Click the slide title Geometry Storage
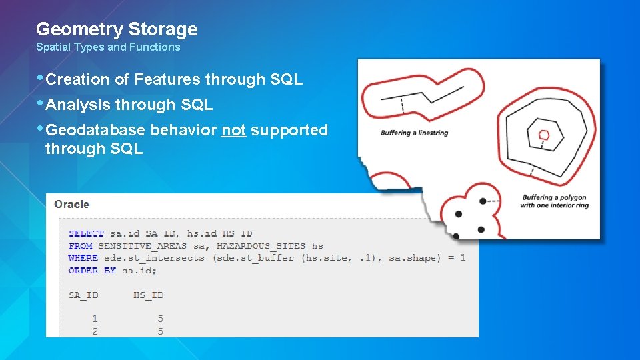tap(117, 29)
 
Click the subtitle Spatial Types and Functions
tap(108, 47)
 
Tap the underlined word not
tap(233, 130)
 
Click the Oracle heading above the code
tap(72, 205)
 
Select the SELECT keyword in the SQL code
tap(86, 234)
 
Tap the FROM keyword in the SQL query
tap(80, 246)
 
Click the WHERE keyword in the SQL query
tap(83, 258)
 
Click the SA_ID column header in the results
tap(83, 295)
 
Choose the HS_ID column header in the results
tap(148, 295)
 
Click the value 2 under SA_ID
tap(95, 331)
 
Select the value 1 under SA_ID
tap(95, 319)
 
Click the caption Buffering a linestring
tap(414, 133)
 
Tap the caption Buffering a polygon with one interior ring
tap(554, 201)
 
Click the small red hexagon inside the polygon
tap(544, 135)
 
